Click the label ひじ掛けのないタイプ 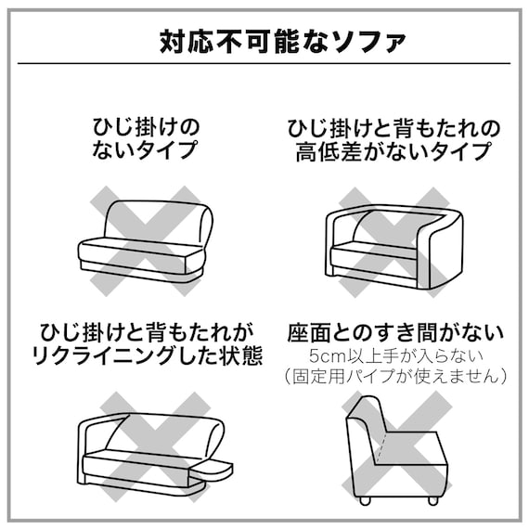coord(146,137)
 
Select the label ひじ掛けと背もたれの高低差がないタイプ coord(394,137)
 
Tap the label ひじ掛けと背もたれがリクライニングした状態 coord(148,342)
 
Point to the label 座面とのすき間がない coord(394,331)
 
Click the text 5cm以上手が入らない coord(394,355)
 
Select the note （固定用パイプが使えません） coord(394,376)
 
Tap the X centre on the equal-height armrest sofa coord(394,239)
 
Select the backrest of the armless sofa coord(153,219)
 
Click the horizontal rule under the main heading coord(264,63)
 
